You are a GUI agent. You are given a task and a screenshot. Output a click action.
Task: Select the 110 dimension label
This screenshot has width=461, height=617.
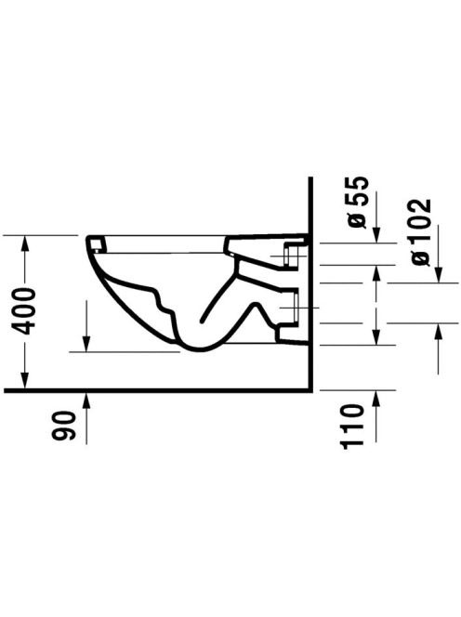tap(351, 427)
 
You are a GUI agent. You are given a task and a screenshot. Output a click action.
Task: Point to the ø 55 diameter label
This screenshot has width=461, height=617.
tap(358, 203)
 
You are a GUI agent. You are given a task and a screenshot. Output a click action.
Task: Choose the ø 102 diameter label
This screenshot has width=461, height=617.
tap(420, 232)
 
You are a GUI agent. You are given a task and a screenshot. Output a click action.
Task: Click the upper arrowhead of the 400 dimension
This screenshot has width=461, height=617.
tap(25, 243)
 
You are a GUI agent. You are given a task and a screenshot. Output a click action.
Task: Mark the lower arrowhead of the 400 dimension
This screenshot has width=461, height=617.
tap(25, 380)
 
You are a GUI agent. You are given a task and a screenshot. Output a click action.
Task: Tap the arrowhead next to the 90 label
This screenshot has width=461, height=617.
tap(86, 400)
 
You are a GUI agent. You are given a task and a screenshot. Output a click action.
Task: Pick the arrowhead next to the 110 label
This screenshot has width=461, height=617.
tap(376, 399)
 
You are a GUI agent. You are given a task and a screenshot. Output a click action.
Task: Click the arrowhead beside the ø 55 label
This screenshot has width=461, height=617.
tap(376, 235)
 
